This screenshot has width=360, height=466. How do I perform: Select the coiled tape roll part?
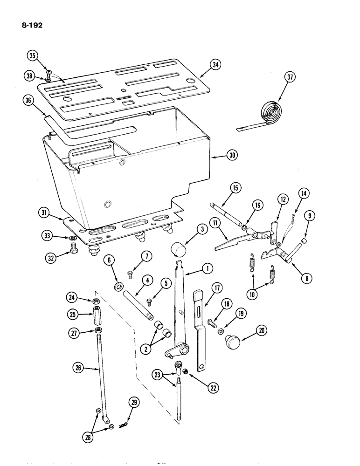coord(268,112)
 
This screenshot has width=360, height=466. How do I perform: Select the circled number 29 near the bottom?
coord(135,402)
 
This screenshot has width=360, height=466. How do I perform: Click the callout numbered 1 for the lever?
coord(206,268)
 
